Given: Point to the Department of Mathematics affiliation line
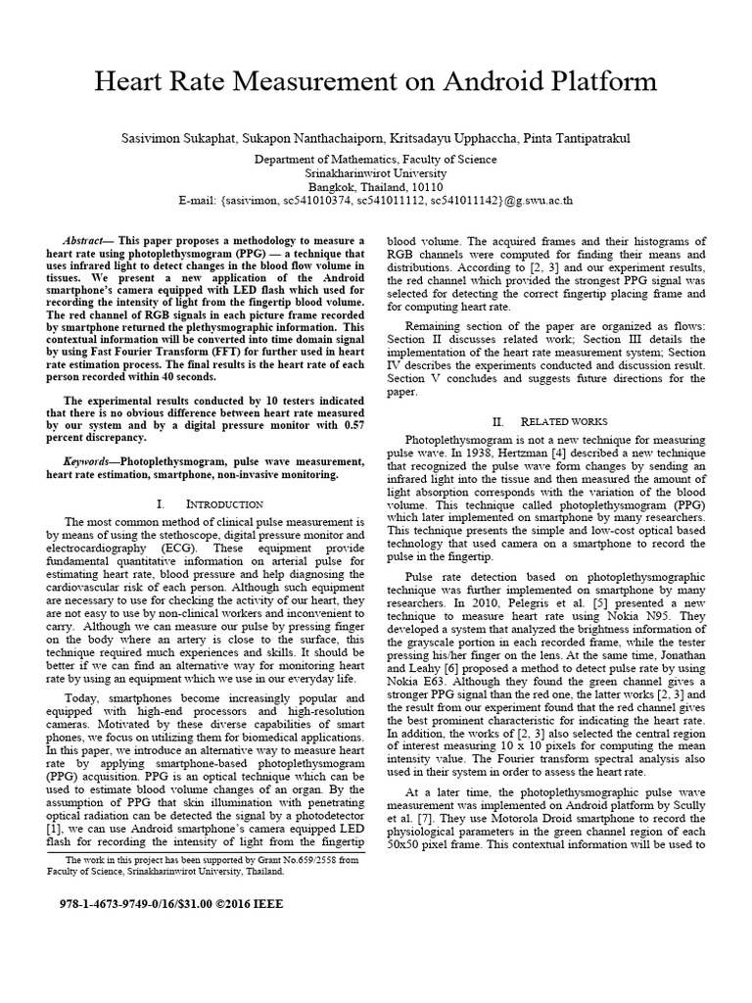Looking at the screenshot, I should pyautogui.click(x=376, y=160).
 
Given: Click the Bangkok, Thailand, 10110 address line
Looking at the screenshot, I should pyautogui.click(x=376, y=187).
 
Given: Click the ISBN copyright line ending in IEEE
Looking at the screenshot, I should pyautogui.click(x=164, y=904).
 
